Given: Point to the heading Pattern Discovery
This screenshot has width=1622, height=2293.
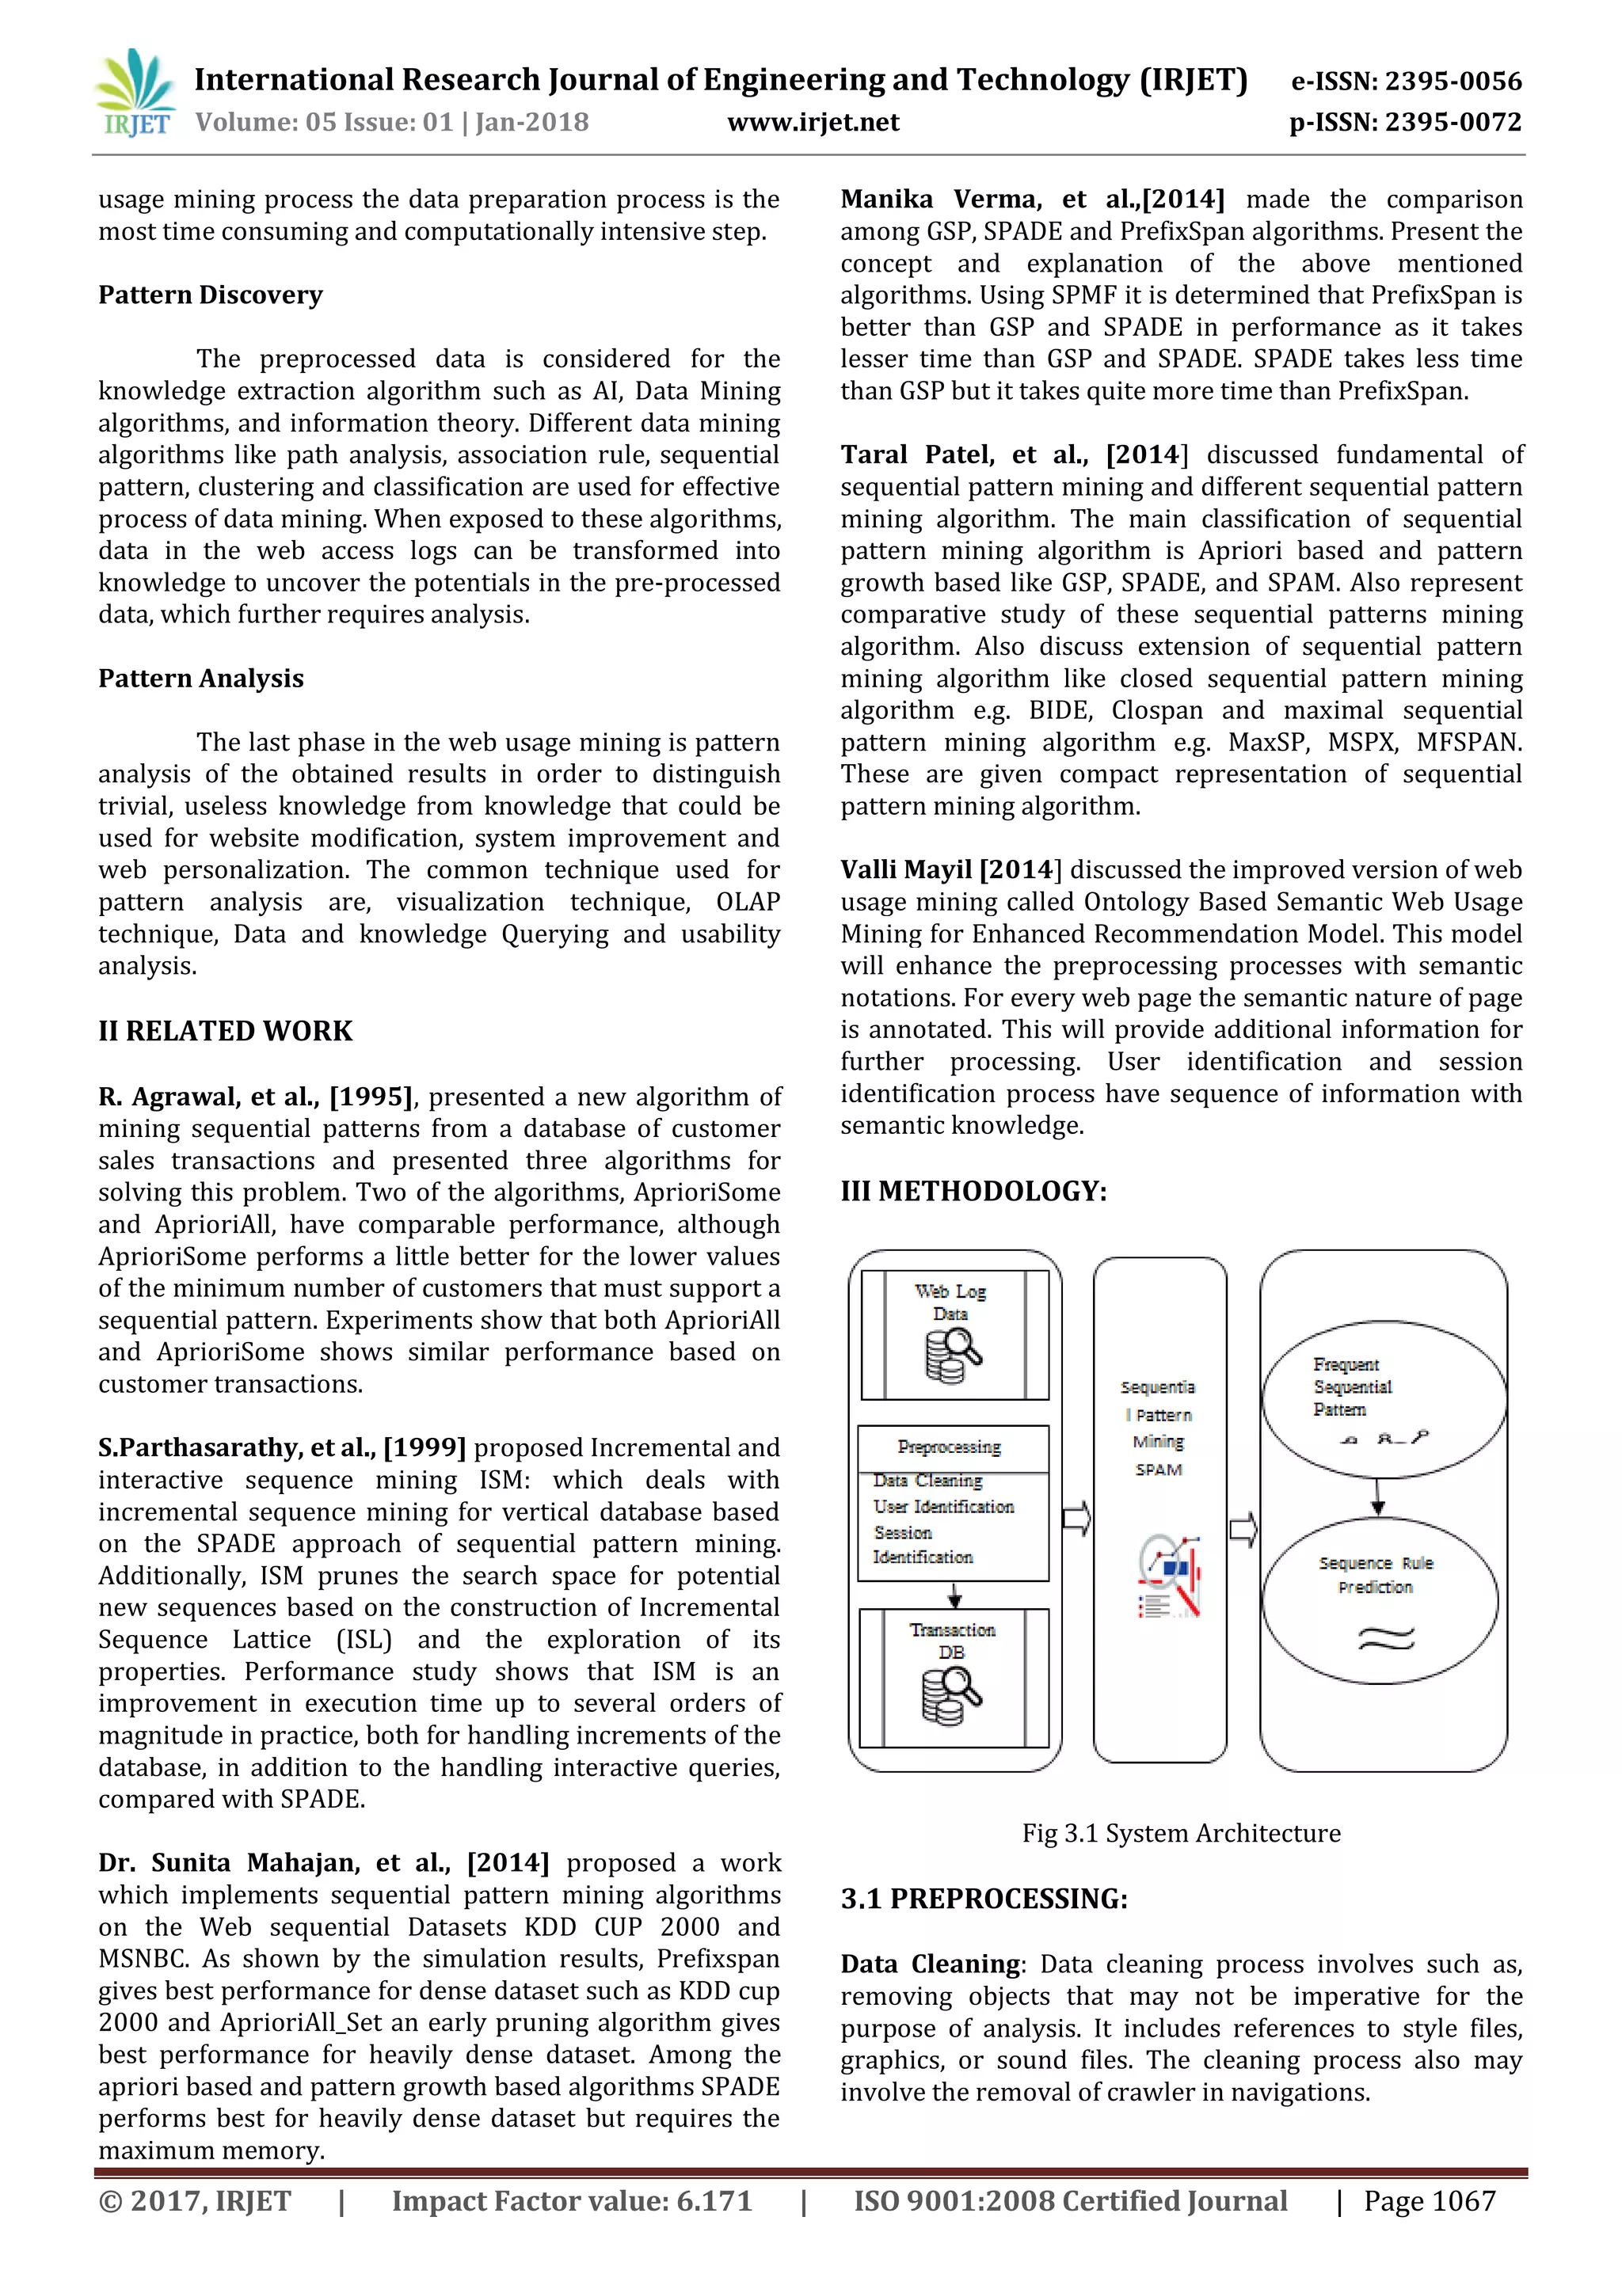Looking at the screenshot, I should [x=210, y=295].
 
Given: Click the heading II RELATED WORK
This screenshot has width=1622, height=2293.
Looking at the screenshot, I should [x=225, y=1031].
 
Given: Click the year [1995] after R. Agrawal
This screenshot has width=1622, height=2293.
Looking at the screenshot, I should [x=371, y=1097].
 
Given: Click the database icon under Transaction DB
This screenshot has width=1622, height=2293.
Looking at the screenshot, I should [x=951, y=1697].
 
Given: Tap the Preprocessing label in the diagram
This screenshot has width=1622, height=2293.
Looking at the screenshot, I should [x=949, y=1446].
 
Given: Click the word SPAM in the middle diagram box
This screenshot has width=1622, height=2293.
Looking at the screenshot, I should [x=1159, y=1470].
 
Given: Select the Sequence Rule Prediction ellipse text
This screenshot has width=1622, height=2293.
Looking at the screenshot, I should [x=1376, y=1575].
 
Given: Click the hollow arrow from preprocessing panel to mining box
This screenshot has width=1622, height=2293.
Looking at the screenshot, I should [x=1076, y=1519].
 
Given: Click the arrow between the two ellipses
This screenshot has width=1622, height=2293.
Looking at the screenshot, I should [x=1377, y=1495].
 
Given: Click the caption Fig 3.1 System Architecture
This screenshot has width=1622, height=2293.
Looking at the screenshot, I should [x=1181, y=1834].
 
